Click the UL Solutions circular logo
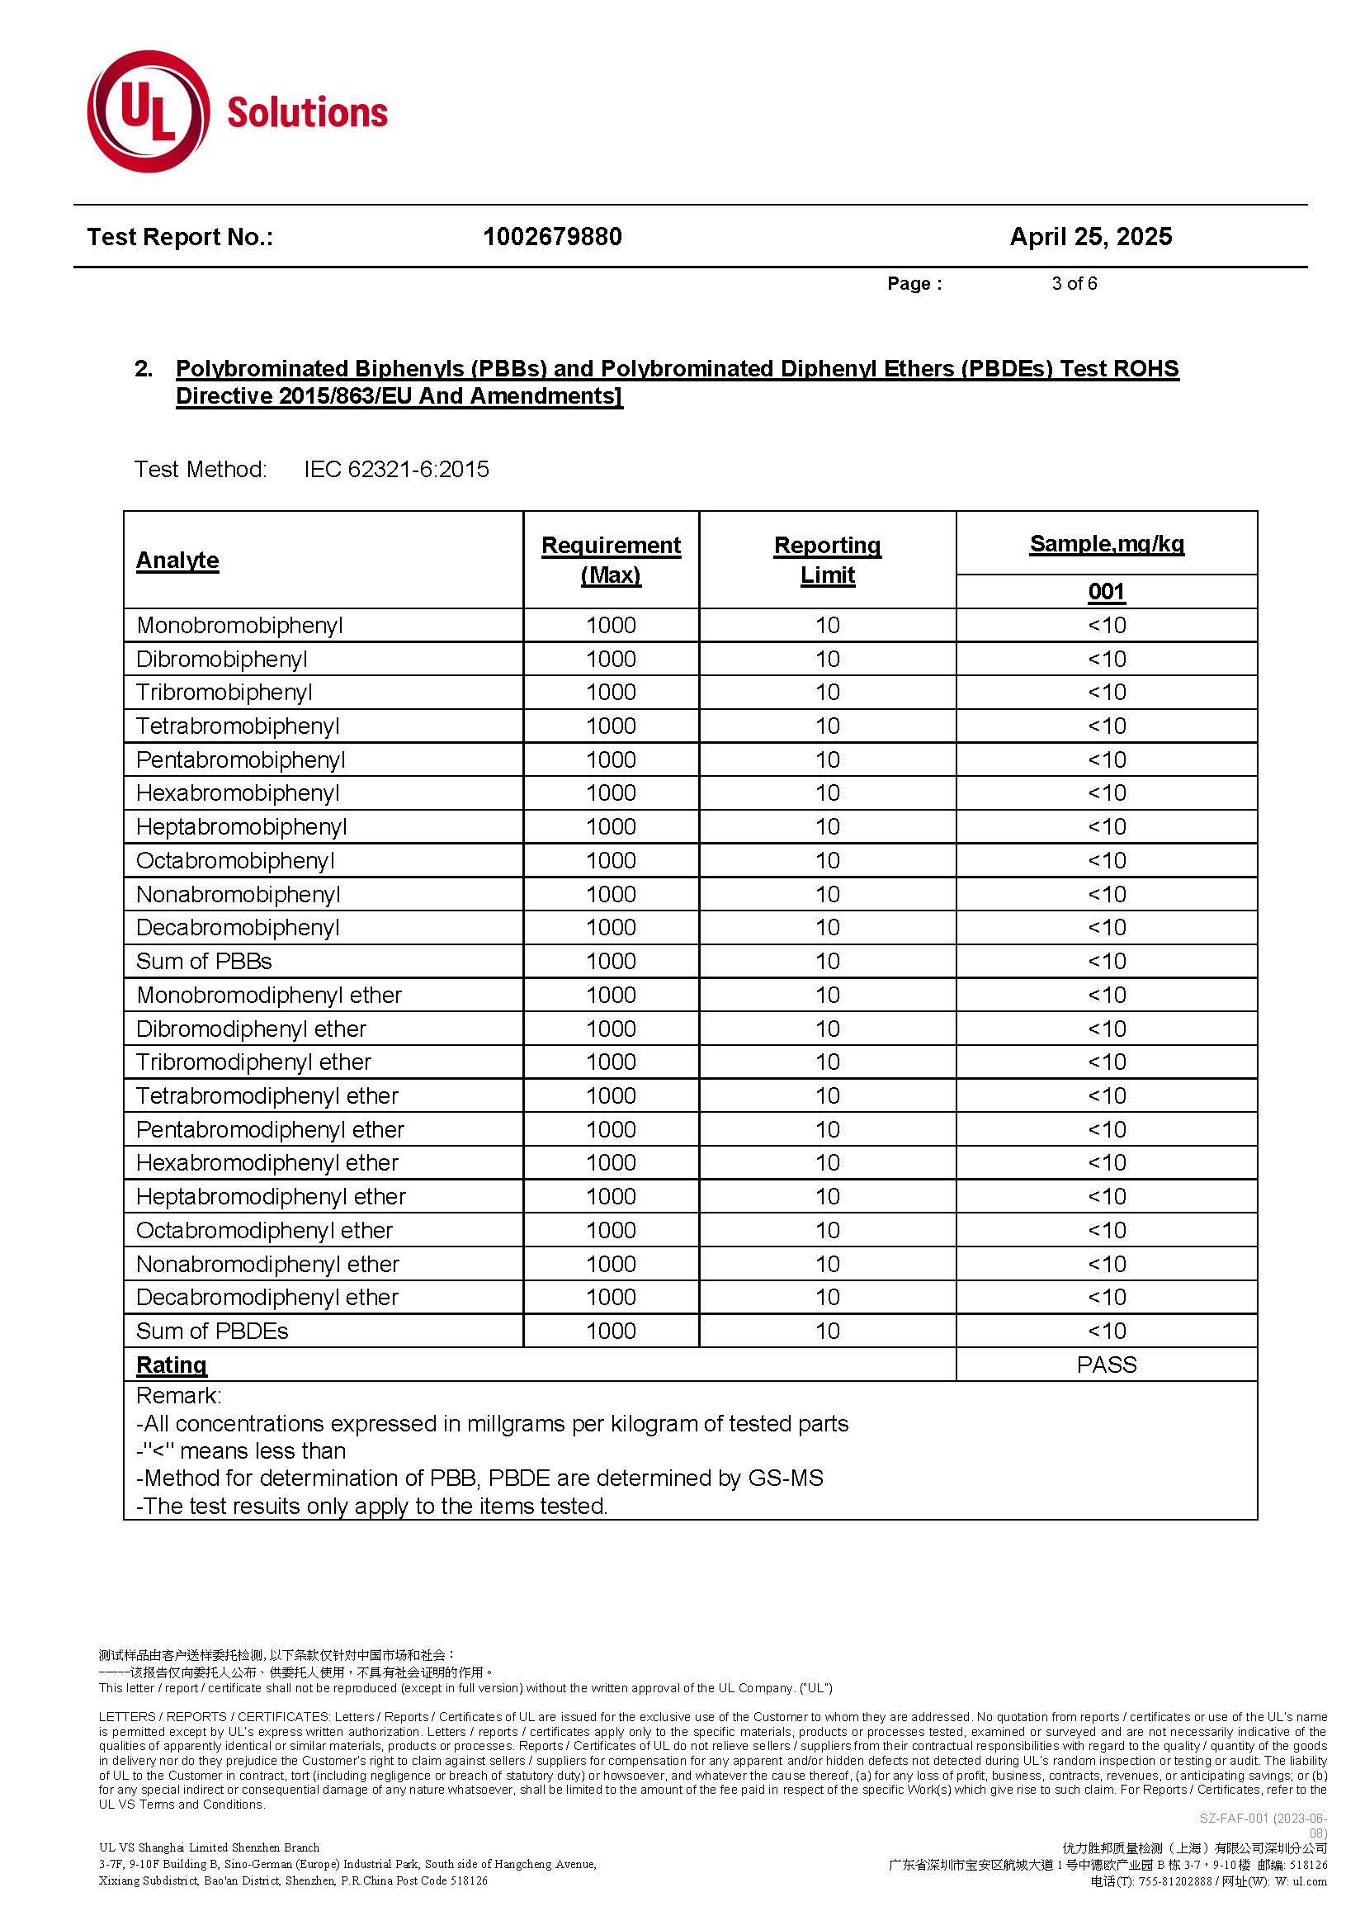pos(149,111)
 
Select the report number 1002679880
pos(552,237)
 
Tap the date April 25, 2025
pos(1090,237)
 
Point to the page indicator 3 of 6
pos(1075,284)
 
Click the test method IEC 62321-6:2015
pos(397,470)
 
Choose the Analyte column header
pos(177,561)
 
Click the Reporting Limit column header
pos(827,560)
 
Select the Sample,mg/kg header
pos(1106,545)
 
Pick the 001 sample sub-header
pos(1106,593)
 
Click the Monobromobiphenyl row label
pos(239,627)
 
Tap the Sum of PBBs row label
pos(204,962)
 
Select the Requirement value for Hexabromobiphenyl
pos(611,793)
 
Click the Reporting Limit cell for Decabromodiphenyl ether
pos(827,1297)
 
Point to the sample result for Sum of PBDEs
pos(1106,1332)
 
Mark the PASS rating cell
pos(1106,1365)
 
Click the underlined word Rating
pos(172,1365)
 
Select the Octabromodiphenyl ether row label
pos(264,1231)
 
